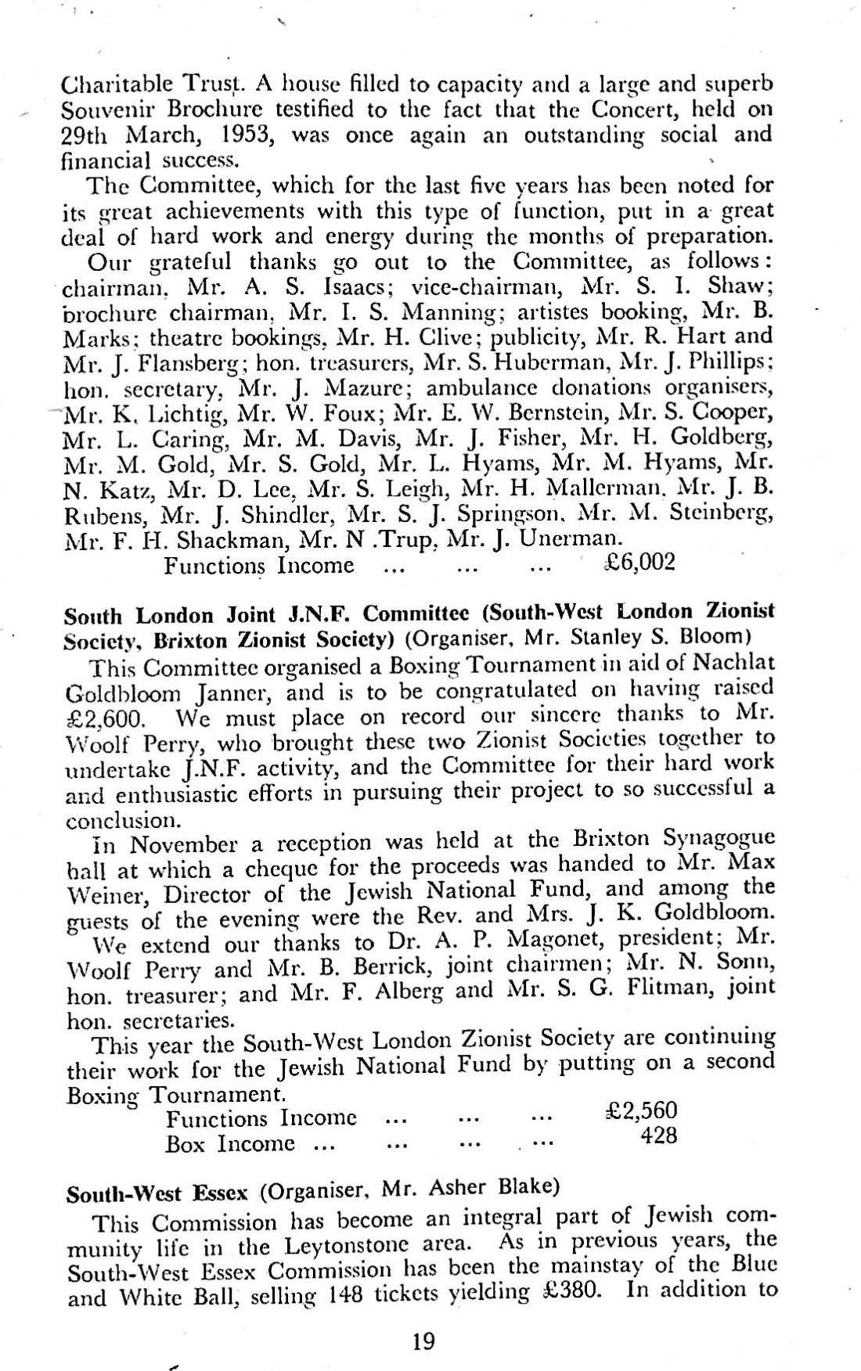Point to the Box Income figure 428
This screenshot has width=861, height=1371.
(x=658, y=1136)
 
